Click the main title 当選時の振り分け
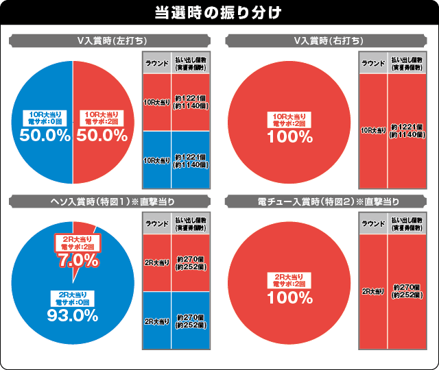point(219,13)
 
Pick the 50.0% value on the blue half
point(45,136)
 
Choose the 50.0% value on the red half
point(102,136)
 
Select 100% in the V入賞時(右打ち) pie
point(290,136)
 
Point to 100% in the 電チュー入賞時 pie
point(290,298)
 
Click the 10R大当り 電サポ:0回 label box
point(45,117)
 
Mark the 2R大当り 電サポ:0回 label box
point(71,298)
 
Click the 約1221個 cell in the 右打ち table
point(405,130)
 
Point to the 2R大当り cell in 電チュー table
point(373,291)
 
